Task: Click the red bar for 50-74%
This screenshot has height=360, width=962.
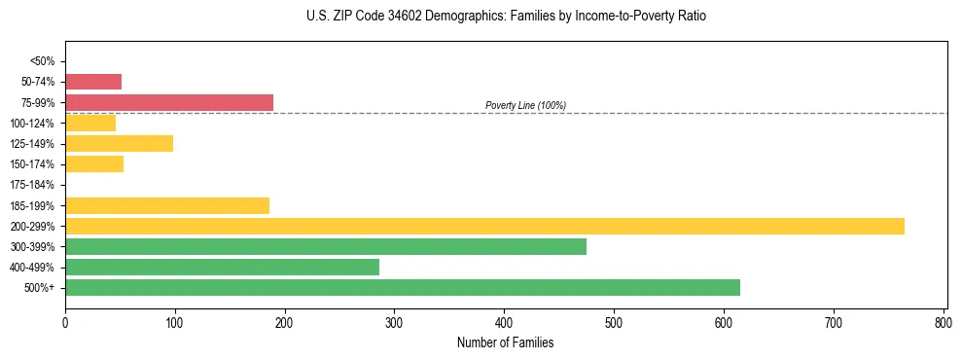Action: (x=93, y=82)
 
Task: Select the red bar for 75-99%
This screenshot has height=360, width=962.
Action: (x=169, y=102)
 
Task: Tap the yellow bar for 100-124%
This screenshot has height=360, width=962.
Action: (x=90, y=123)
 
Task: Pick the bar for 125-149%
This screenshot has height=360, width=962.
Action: (x=119, y=144)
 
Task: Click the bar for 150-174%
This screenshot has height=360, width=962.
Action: (x=94, y=164)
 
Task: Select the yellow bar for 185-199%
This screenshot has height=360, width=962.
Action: (x=167, y=205)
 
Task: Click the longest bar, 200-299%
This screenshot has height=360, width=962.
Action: (x=484, y=226)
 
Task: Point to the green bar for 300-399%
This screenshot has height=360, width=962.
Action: (x=326, y=247)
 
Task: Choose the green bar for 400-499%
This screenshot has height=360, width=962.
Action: (x=222, y=268)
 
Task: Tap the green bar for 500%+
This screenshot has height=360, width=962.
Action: (x=403, y=288)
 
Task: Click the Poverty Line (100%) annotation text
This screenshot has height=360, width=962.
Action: (x=525, y=105)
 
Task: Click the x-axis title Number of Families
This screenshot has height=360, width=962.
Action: (x=505, y=342)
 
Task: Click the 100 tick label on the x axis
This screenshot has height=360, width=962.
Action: (x=175, y=321)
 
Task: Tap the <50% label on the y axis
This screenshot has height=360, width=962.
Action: (x=42, y=61)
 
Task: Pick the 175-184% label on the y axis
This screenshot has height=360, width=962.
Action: (x=32, y=185)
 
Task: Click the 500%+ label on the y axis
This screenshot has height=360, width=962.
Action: (x=40, y=288)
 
